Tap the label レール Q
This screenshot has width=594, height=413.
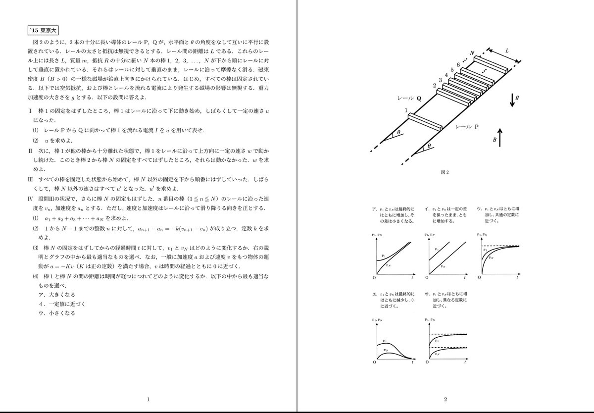pyautogui.click(x=408, y=99)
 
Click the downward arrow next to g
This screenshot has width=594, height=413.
pyautogui.click(x=510, y=100)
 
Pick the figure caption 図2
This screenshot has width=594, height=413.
pyautogui.click(x=445, y=172)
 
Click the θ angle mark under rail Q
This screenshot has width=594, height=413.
pyautogui.click(x=396, y=134)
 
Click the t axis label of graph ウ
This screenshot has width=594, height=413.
pyautogui.click(x=517, y=278)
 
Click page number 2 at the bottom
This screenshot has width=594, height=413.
pyautogui.click(x=445, y=399)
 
